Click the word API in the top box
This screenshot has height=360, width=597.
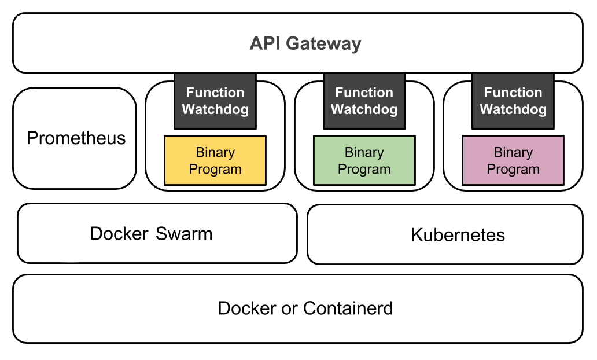tap(266, 43)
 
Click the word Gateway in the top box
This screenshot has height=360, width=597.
tap(323, 44)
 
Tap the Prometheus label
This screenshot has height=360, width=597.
tap(76, 138)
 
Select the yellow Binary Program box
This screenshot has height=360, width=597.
tap(215, 160)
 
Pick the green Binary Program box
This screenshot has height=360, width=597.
tap(364, 160)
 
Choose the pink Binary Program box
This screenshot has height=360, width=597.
tap(513, 160)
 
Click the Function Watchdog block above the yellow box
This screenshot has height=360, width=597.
tap(215, 101)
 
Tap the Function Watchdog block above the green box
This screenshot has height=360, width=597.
tap(364, 101)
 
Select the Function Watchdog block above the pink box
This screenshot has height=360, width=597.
tap(513, 101)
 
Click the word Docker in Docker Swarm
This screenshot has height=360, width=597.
tap(119, 233)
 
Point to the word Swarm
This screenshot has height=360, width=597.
tap(184, 233)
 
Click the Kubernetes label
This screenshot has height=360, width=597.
tap(458, 234)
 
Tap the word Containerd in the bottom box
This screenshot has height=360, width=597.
tap(348, 308)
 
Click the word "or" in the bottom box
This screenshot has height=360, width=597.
tap(289, 309)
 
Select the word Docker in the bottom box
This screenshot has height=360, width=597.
tap(247, 308)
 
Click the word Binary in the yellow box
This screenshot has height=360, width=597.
tap(215, 153)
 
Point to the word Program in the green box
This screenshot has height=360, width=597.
tap(364, 170)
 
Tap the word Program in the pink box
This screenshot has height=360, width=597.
tap(513, 170)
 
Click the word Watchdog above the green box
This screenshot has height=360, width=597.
tap(364, 109)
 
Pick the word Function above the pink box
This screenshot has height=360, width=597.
tap(513, 93)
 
